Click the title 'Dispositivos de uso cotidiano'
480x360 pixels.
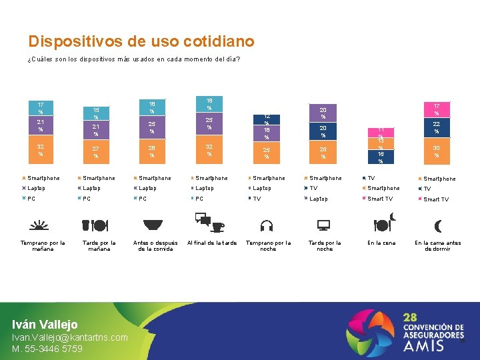pyautogui.click(x=141, y=41)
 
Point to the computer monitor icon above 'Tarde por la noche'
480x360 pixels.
pyautogui.click(x=325, y=225)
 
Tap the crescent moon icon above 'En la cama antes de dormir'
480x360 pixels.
pyautogui.click(x=437, y=225)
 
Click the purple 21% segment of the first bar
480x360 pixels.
pyautogui.click(x=41, y=125)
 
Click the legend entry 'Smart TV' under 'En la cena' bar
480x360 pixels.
pyautogui.click(x=380, y=199)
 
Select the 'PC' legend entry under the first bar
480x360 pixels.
pyautogui.click(x=31, y=199)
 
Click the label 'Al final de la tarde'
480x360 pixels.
pyautogui.click(x=212, y=243)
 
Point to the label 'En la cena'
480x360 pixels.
pyautogui.click(x=381, y=243)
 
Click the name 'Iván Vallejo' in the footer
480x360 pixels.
pyautogui.click(x=45, y=325)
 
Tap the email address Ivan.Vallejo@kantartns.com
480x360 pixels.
pyautogui.click(x=70, y=337)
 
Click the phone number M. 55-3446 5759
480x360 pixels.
pyautogui.click(x=47, y=349)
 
